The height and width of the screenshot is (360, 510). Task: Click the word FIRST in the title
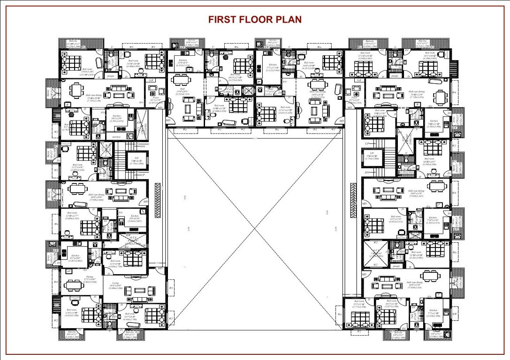pos(222,19)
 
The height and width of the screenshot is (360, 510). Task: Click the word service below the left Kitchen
pos(115,137)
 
